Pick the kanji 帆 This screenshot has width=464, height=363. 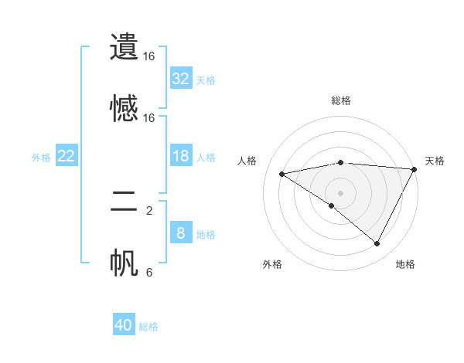tap(125, 263)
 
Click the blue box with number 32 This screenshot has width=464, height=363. tap(181, 79)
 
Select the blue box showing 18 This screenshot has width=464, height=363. tap(181, 156)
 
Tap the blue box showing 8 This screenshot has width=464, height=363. tap(181, 233)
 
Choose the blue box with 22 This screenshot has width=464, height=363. tap(67, 156)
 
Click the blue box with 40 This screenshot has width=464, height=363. tap(124, 325)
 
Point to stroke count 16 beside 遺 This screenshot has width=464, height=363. tap(149, 56)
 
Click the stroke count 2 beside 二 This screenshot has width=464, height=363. tap(149, 210)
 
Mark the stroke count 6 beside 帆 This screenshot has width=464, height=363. tap(149, 272)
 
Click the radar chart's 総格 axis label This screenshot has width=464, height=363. tap(341, 100)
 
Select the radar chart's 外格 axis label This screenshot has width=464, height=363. tap(272, 265)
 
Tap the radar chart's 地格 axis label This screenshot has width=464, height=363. tap(405, 265)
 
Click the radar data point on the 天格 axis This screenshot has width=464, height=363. tap(415, 169)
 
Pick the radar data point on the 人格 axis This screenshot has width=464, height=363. tap(282, 174)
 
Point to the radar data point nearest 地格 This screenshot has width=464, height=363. tap(377, 244)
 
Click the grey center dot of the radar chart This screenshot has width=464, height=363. tap(341, 192)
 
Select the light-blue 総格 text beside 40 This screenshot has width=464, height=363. tap(149, 327)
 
